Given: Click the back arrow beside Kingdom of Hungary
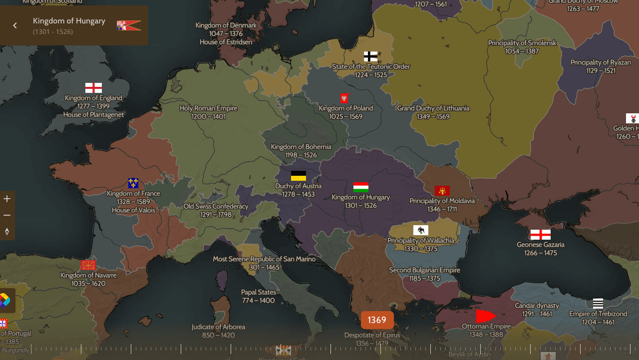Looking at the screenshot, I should click(15, 25).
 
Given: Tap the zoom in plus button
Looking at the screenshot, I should click(7, 199).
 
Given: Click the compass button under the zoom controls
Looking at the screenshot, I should click(7, 232).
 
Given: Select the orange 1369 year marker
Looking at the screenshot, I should click(377, 320).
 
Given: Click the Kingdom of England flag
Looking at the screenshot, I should click(93, 88).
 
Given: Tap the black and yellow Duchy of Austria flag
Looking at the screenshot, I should click(299, 176).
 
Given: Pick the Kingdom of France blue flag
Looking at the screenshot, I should click(133, 183).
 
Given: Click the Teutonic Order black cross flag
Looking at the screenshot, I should click(370, 56).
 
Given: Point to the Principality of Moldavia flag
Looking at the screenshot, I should click(442, 191).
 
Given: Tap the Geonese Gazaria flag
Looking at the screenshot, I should click(540, 235).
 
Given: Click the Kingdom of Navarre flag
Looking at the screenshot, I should click(88, 265).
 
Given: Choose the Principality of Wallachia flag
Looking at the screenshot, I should click(421, 230).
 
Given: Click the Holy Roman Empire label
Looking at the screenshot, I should click(208, 108).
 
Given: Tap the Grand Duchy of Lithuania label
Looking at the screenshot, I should click(433, 108).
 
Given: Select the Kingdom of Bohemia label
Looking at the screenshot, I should click(301, 147).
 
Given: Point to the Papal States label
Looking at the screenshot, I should click(258, 292).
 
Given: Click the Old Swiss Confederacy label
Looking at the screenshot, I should click(216, 206).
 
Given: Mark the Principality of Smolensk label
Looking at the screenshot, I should click(522, 43).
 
